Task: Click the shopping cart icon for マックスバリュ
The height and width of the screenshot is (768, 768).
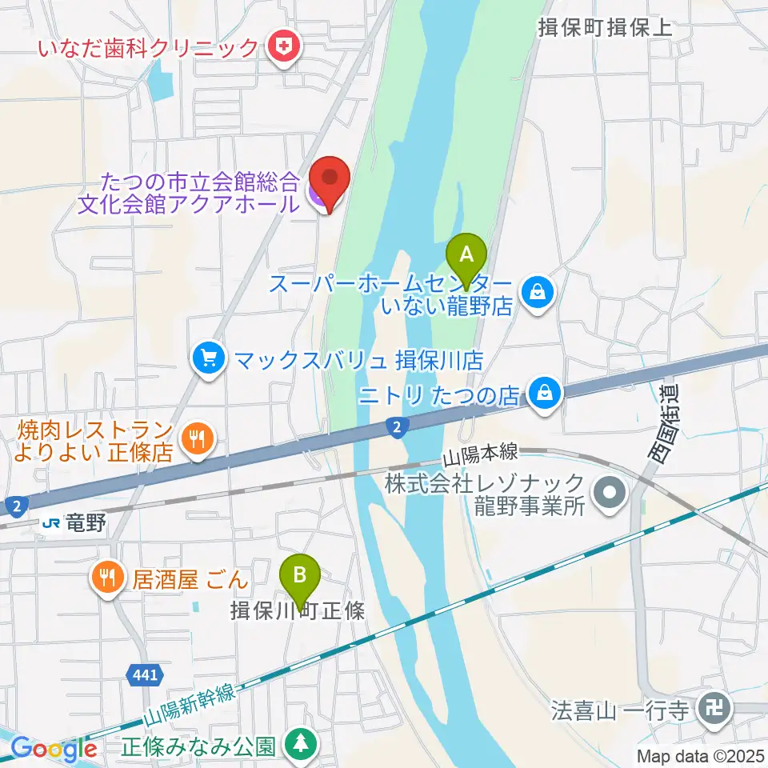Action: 210,358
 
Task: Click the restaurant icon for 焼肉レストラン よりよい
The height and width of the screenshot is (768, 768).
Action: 197,438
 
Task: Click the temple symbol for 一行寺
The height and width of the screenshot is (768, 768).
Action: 710,708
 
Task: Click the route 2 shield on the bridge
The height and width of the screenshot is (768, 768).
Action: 396,426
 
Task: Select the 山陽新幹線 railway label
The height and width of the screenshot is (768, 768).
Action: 190,704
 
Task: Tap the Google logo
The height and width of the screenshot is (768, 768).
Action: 54,749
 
